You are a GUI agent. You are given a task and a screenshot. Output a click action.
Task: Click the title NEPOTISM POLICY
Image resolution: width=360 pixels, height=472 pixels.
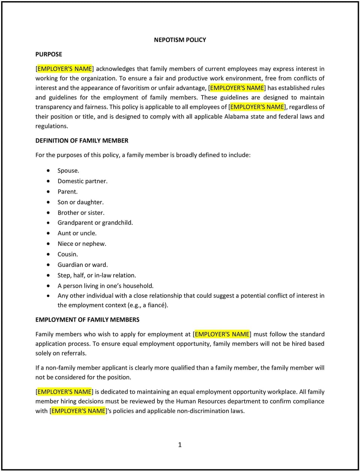180,40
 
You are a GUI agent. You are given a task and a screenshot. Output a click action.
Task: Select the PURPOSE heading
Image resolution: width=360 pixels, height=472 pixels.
49,54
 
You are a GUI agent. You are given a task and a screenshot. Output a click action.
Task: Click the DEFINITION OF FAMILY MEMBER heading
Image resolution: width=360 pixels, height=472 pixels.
82,141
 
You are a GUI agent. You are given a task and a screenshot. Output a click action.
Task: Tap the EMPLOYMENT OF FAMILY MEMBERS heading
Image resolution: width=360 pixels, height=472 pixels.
87,320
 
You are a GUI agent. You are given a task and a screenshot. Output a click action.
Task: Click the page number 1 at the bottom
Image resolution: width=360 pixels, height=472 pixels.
180,445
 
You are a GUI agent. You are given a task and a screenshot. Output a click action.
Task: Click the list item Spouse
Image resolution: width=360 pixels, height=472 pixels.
68,171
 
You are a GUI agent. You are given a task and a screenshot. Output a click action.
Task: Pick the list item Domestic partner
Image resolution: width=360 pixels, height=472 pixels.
82,181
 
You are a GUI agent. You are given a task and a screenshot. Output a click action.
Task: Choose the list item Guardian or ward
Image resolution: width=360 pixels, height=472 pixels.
82,265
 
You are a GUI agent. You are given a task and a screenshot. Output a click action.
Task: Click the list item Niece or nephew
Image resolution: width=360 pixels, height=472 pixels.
82,244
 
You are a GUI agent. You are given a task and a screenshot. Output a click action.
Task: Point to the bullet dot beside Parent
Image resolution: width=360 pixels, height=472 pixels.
48,192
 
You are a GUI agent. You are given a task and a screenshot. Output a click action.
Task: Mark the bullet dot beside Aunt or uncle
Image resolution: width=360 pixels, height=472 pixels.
48,233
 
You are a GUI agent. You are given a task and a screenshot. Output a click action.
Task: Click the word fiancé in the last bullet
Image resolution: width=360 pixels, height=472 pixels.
157,305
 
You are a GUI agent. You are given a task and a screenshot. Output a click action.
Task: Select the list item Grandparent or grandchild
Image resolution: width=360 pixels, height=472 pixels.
95,223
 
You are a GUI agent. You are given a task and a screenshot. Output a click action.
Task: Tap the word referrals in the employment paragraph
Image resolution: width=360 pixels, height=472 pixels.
74,353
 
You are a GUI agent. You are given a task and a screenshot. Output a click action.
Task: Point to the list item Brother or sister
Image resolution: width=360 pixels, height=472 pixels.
81,213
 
